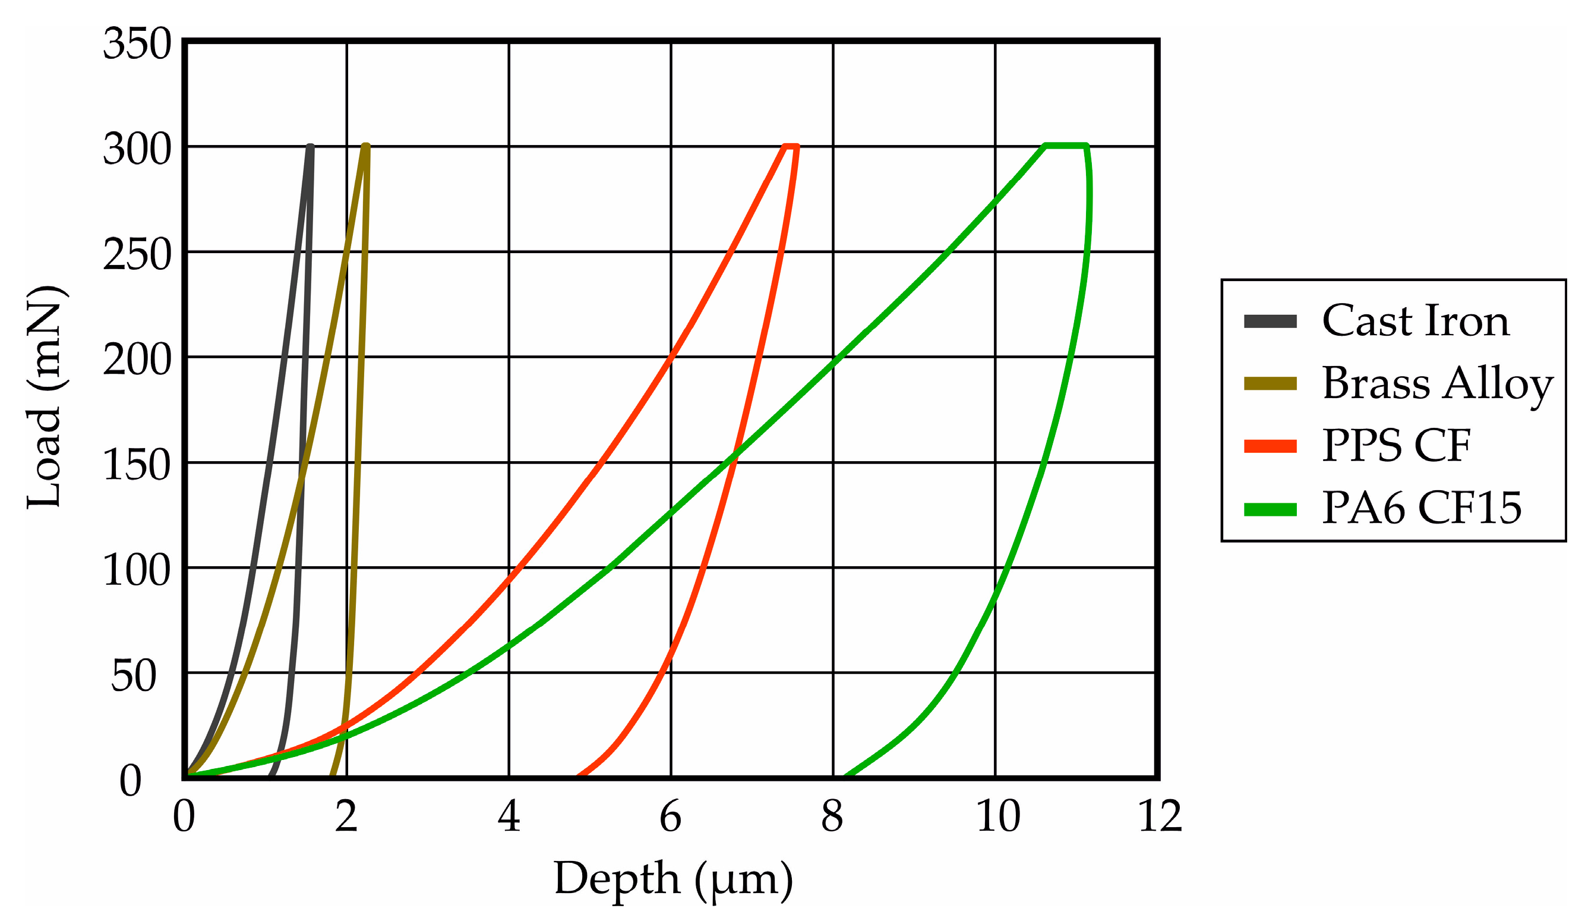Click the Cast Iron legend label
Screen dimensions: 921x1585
[1415, 321]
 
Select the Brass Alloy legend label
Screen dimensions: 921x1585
[1437, 384]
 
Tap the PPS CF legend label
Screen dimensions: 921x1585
[1396, 446]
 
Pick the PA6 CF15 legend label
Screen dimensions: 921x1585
[1422, 508]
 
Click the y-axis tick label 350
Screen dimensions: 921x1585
[137, 45]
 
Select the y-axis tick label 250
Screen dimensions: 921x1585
[137, 256]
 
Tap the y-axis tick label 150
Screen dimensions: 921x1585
[137, 466]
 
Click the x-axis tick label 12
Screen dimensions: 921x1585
[1160, 817]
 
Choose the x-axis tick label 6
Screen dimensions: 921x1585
[671, 817]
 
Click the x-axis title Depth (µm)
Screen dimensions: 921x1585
[673, 879]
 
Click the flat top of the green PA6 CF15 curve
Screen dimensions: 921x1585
[1065, 146]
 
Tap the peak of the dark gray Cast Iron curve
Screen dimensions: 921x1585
[310, 147]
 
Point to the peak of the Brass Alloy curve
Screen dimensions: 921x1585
[366, 147]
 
